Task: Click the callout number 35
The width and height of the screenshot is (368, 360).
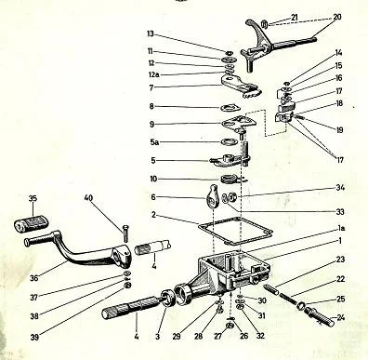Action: (x=33, y=198)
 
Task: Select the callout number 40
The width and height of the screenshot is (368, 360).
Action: (x=88, y=198)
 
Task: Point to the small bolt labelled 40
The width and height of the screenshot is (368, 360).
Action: (x=125, y=233)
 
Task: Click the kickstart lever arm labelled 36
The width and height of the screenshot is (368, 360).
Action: (x=77, y=251)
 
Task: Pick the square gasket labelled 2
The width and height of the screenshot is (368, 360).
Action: (x=235, y=231)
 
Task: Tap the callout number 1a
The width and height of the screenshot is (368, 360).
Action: (x=341, y=228)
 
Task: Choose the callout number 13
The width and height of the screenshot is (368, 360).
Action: (x=151, y=33)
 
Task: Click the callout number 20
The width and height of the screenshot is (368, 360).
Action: (x=336, y=17)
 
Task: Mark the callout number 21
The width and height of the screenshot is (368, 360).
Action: (x=294, y=18)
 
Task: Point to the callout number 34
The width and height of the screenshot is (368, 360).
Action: (x=340, y=188)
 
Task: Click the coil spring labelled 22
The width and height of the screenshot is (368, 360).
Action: (x=288, y=297)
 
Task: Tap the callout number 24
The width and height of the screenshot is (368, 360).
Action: (x=340, y=317)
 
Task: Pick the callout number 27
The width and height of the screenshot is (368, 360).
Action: (x=218, y=336)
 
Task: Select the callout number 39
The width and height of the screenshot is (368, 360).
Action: (x=34, y=337)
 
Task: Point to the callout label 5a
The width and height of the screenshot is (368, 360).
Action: (x=154, y=142)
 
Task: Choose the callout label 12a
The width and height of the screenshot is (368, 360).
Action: (x=153, y=74)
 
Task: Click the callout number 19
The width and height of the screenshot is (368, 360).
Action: (x=339, y=130)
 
